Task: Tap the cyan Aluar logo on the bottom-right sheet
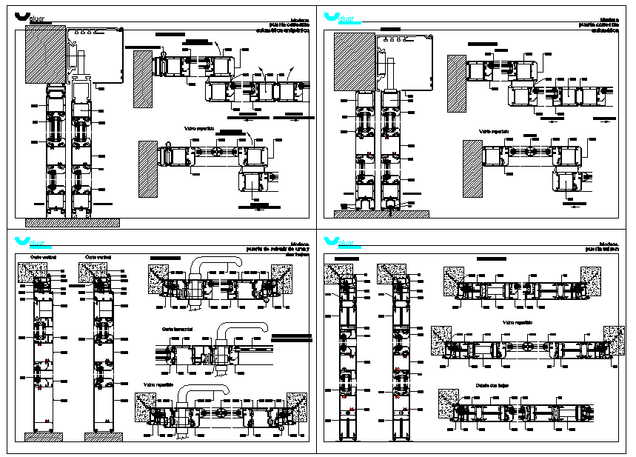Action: point(341,242)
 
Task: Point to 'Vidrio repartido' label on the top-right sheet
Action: point(495,131)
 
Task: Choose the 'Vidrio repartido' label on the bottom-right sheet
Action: point(518,322)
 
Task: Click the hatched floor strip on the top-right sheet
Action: point(381,213)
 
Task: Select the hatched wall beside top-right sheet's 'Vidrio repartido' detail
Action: point(472,168)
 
